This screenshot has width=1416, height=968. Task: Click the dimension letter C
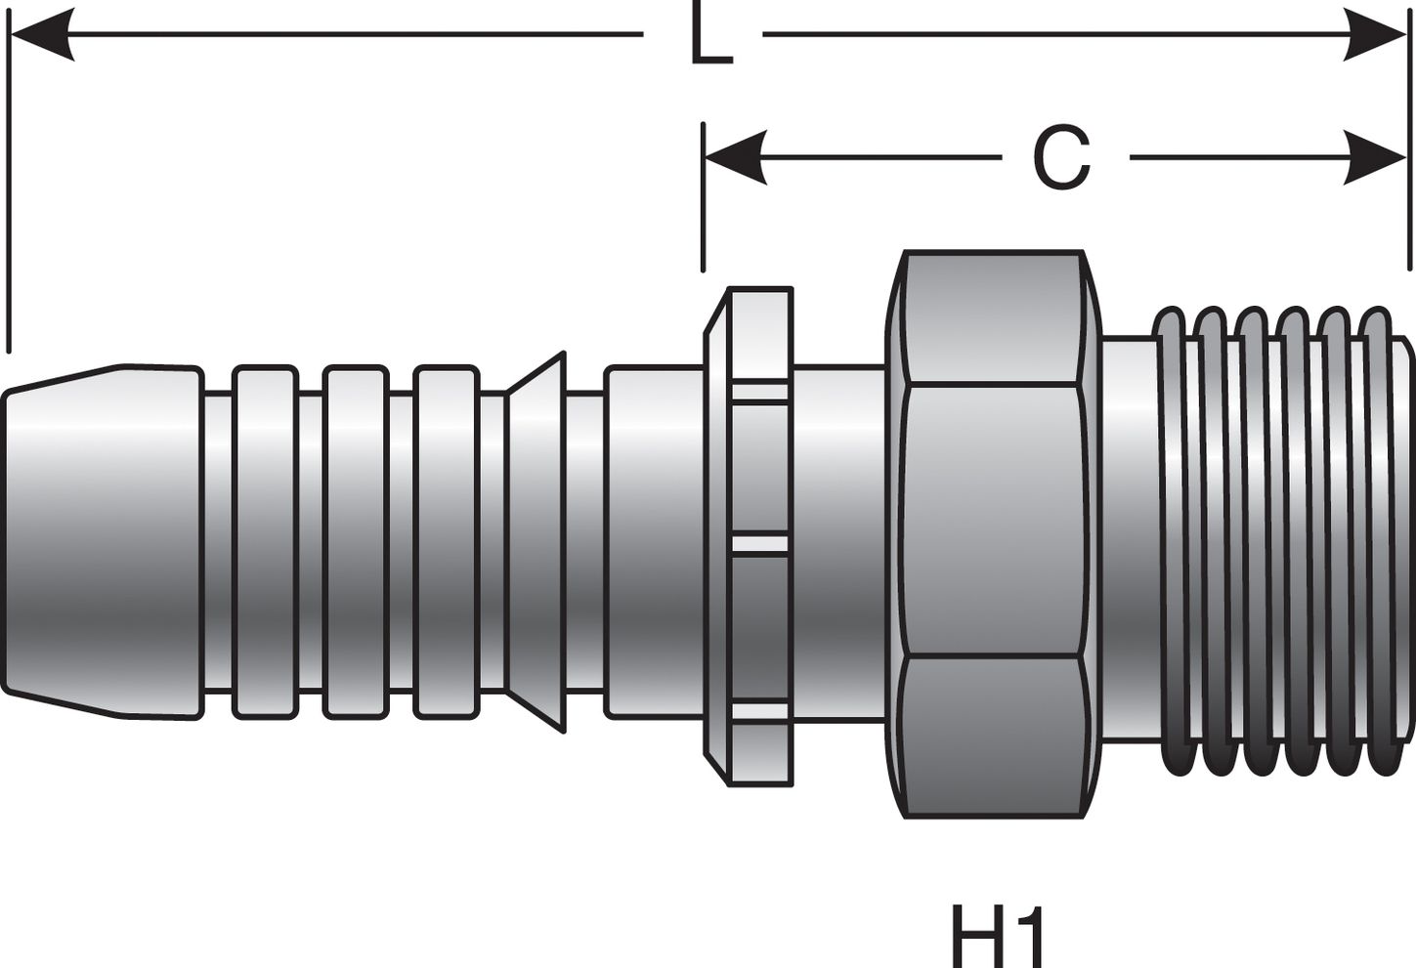pyautogui.click(x=1062, y=158)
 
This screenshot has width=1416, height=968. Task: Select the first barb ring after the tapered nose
pyautogui.click(x=265, y=542)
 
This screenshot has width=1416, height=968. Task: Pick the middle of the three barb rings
pyautogui.click(x=355, y=542)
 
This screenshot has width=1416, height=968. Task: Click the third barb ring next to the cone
pyautogui.click(x=446, y=542)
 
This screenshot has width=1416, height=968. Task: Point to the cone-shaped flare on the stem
pyautogui.click(x=537, y=542)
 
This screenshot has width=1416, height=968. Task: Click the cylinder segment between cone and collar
pyautogui.click(x=652, y=542)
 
